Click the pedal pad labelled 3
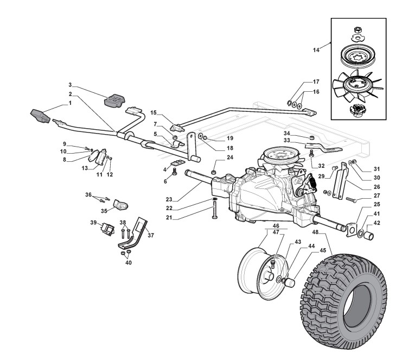coord(114,100)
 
